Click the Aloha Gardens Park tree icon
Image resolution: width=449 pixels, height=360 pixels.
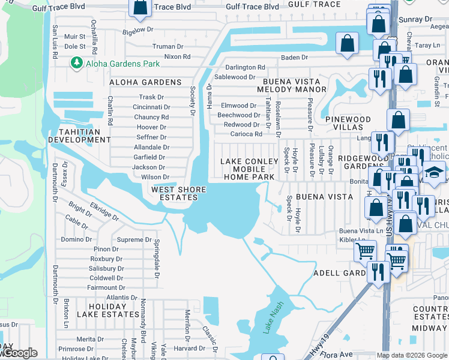[76, 63]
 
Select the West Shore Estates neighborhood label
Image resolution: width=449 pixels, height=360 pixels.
[178, 194]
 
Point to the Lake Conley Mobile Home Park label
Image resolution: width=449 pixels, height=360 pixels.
[249, 169]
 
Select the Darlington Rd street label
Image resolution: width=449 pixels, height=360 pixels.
[245, 68]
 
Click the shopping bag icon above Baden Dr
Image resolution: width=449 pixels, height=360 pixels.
[348, 43]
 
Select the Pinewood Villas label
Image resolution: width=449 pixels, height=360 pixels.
[348, 124]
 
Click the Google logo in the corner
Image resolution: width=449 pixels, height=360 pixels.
[19, 353]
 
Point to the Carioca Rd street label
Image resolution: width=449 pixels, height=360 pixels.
[247, 134]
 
